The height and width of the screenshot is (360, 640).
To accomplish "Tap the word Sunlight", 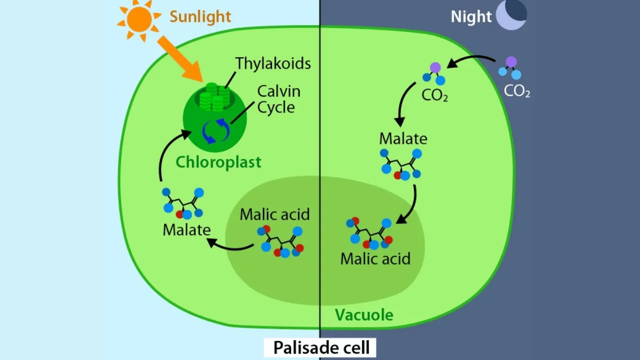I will pyautogui.click(x=200, y=16).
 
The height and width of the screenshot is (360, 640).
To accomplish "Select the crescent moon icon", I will pyautogui.click(x=512, y=14).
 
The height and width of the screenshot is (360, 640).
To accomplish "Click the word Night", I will pyautogui.click(x=470, y=17).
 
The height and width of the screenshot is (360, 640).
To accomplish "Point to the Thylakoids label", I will pyautogui.click(x=273, y=63).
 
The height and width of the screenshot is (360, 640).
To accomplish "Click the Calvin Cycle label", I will pyautogui.click(x=278, y=99).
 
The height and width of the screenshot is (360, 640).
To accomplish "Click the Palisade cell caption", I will pyautogui.click(x=321, y=348).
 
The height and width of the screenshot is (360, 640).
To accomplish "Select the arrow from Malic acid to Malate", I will pyautogui.click(x=229, y=245).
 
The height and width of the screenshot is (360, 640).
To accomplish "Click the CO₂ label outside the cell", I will pyautogui.click(x=517, y=92).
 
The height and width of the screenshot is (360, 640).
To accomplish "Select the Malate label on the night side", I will pyautogui.click(x=403, y=139).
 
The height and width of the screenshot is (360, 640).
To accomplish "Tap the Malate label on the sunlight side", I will pyautogui.click(x=186, y=230).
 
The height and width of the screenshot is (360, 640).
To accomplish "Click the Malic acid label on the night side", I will pyautogui.click(x=375, y=259).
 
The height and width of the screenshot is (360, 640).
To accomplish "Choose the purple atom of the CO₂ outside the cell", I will pyautogui.click(x=511, y=61).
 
